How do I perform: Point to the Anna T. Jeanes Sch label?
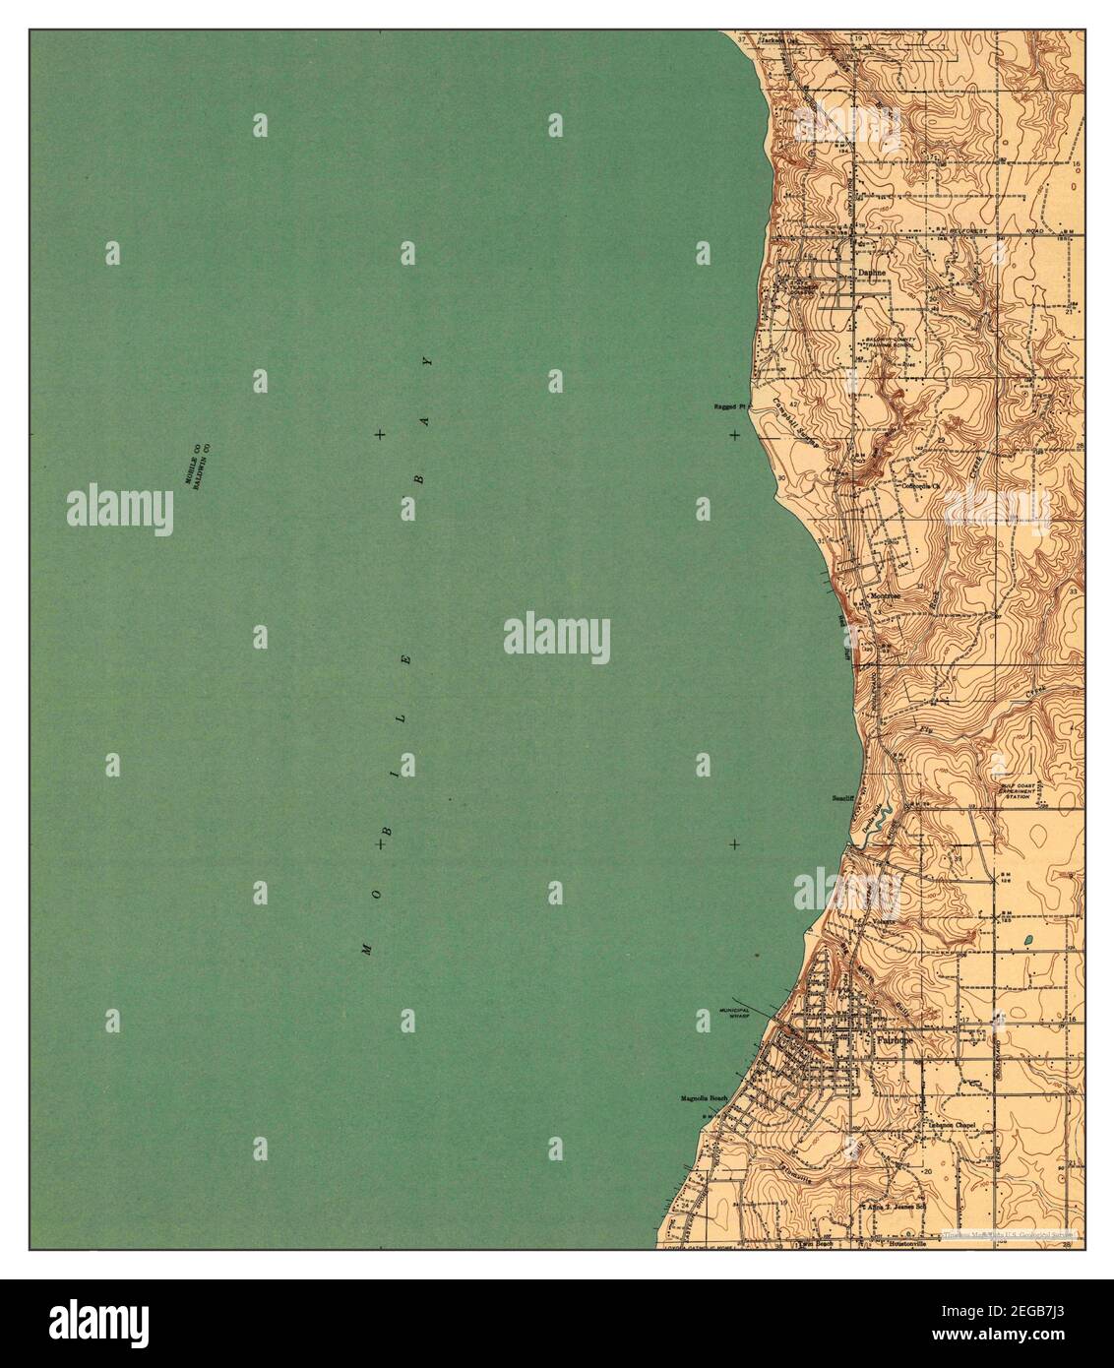click(896, 1205)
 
